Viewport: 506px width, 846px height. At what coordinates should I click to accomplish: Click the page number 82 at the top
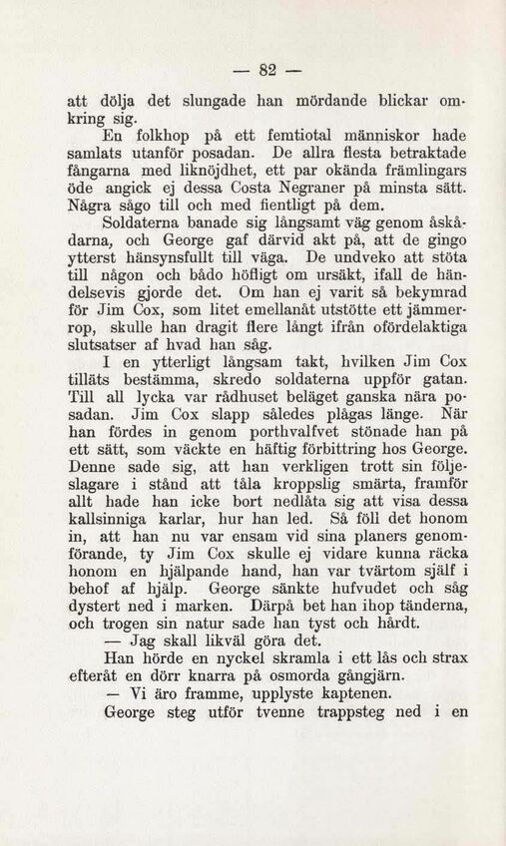[x=265, y=70]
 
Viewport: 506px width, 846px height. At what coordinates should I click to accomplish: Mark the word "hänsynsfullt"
[x=164, y=254]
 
